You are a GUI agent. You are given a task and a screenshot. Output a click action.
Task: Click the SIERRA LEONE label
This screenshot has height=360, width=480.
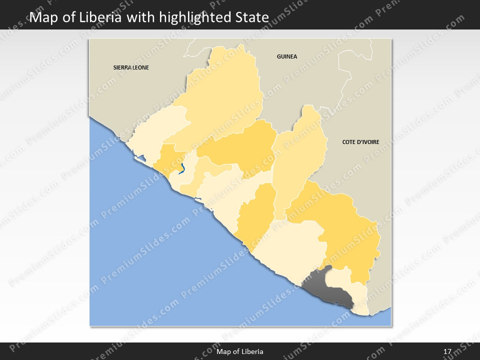[x=131, y=67]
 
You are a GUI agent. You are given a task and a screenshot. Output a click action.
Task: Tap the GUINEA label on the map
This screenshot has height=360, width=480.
[x=287, y=56]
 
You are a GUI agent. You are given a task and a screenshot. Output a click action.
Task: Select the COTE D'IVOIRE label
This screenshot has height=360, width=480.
[x=360, y=142]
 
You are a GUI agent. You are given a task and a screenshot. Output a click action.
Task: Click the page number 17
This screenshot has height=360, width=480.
[x=447, y=351]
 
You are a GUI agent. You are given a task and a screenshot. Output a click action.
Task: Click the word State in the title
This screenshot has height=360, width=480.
[x=252, y=17]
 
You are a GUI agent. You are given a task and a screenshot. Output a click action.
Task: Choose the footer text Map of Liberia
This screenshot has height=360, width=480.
[x=240, y=351]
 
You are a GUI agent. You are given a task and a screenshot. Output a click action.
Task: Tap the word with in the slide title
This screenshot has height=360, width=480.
[x=141, y=17]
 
